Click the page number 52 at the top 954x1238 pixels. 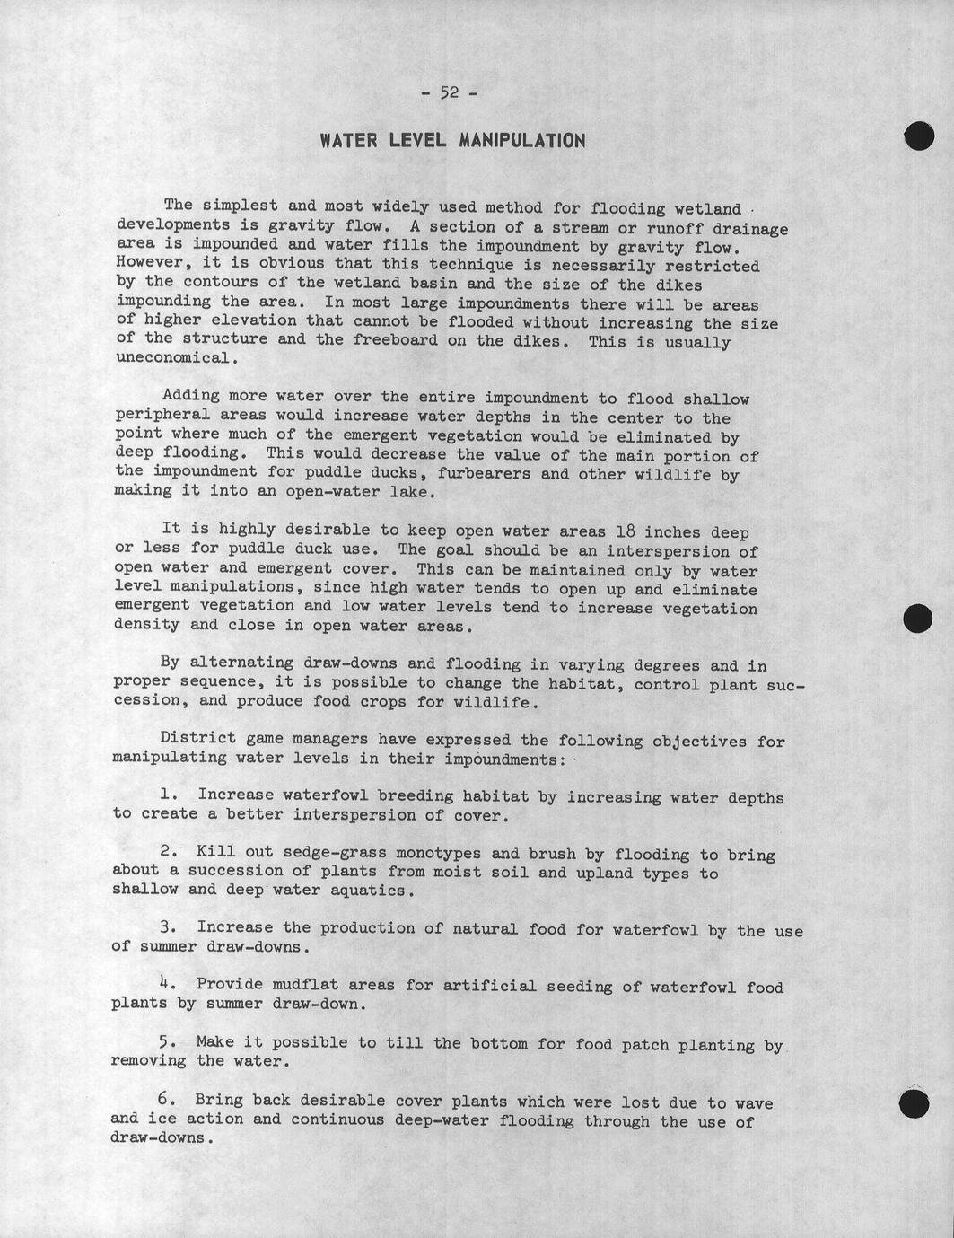click(x=449, y=92)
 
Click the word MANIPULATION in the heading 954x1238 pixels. click(x=521, y=141)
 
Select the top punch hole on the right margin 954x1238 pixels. click(x=919, y=135)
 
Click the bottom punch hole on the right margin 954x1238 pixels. click(x=914, y=1104)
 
